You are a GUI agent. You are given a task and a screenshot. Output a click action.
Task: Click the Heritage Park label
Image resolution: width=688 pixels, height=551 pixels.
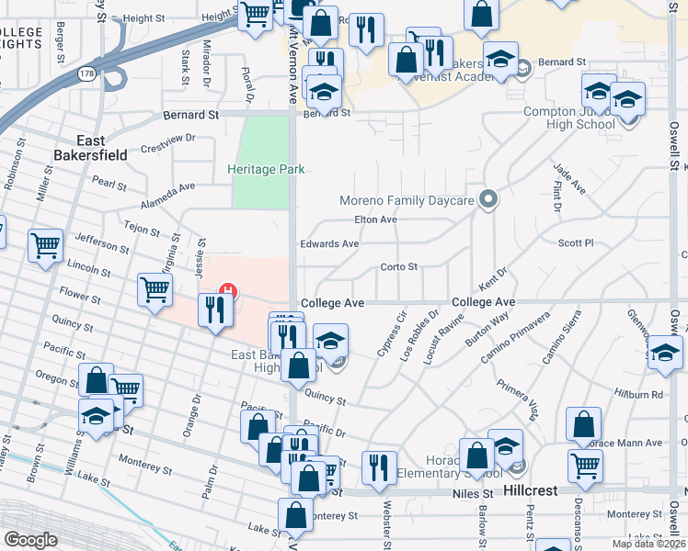click(x=266, y=169)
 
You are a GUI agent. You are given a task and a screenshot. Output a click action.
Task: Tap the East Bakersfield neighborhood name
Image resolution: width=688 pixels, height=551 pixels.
click(x=103, y=148)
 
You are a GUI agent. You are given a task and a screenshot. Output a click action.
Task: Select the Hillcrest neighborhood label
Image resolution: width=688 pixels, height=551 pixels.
click(x=531, y=491)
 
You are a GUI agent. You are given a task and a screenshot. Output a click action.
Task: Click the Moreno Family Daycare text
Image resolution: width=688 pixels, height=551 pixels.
click(x=406, y=199)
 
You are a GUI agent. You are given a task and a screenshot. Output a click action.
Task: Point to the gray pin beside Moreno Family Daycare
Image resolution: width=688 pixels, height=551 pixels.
click(x=489, y=198)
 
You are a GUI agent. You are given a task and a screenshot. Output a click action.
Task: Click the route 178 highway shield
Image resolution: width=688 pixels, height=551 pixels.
click(x=86, y=72)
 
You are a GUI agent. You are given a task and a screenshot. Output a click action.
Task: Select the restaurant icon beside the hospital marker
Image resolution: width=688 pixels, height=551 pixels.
click(x=215, y=309)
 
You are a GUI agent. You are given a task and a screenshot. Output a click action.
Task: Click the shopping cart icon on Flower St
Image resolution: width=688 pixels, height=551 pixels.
click(x=155, y=290)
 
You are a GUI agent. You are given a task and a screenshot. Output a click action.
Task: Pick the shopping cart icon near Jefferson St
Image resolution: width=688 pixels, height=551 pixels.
click(x=45, y=245)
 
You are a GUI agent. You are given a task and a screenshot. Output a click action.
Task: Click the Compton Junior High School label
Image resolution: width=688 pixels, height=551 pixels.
click(x=568, y=118)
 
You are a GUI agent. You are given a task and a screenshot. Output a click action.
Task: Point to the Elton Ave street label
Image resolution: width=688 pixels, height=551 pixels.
click(x=375, y=219)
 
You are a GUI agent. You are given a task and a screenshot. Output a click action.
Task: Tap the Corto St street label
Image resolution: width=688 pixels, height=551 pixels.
click(x=399, y=267)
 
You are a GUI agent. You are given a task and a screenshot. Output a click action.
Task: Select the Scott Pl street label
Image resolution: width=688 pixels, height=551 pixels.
click(x=576, y=243)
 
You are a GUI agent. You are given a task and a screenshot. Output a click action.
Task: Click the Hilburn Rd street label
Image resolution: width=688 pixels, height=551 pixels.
click(x=644, y=394)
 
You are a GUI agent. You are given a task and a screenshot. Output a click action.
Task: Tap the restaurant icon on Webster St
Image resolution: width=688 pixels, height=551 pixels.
click(x=378, y=467)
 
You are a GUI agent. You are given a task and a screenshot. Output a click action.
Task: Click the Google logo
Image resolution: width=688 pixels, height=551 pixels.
click(x=30, y=540)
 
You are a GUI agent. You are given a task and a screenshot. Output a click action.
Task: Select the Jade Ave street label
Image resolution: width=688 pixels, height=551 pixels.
click(x=568, y=178)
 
